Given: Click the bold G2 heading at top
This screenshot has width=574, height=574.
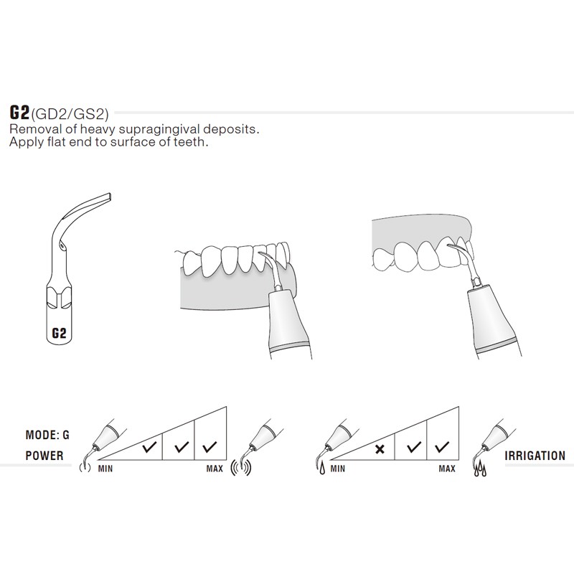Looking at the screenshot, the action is pos(19,113).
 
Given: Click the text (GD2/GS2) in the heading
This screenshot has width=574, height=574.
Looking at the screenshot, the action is pos(70,114).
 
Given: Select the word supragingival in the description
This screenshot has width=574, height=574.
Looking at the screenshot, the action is pos(164,130).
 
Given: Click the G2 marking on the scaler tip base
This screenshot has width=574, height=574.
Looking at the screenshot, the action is pos(59,333).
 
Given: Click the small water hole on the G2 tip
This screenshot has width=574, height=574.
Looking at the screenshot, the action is pos(62,246).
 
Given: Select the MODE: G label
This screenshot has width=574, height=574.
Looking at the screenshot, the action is pos(47,435).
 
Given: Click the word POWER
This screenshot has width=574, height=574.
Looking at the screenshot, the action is pos(44,456).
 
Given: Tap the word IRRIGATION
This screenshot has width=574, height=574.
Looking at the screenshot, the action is pos(535,456).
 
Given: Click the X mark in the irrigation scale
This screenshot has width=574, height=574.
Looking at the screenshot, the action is pos(380,449).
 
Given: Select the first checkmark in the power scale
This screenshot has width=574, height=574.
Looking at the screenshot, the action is pos(149,446).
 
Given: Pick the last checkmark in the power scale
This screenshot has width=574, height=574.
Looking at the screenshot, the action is pos(210,446).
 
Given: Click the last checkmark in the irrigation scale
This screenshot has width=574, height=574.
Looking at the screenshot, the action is pos(442,446).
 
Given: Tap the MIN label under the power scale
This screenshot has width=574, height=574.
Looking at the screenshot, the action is pos(105,469).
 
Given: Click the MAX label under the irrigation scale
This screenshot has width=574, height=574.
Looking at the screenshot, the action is pos(447,469).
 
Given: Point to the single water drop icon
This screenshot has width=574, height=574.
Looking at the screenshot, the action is pos(322,469).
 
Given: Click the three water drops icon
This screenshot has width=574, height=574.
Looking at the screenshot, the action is pos(480,470).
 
